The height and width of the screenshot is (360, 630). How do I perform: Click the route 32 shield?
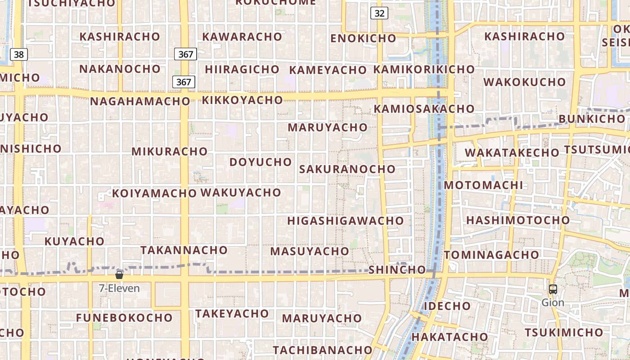pyautogui.click(x=379, y=13)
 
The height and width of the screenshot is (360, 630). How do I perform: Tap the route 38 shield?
pyautogui.click(x=18, y=55)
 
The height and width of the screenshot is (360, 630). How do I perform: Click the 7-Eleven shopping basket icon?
pyautogui.click(x=119, y=274)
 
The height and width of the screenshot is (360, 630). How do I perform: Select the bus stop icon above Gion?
pyautogui.click(x=553, y=290)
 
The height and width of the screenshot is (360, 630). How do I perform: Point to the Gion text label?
pyautogui.click(x=553, y=302)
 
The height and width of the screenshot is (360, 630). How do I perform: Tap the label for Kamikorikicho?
pyautogui.click(x=424, y=69)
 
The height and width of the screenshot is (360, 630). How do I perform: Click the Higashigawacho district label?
pyautogui.click(x=346, y=221)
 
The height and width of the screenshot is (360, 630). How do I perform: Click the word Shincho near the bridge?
pyautogui.click(x=397, y=270)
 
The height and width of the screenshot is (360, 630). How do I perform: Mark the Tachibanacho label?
pyautogui.click(x=323, y=350)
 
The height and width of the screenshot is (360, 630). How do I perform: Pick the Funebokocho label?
pyautogui.click(x=124, y=318)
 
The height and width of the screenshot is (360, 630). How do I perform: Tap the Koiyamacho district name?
pyautogui.click(x=154, y=193)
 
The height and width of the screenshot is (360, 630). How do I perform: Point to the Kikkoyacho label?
pyautogui.click(x=242, y=100)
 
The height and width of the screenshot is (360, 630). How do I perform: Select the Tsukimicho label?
pyautogui.click(x=563, y=333)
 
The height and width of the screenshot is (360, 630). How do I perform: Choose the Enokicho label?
pyautogui.click(x=363, y=38)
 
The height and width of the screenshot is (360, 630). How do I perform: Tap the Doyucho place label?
pyautogui.click(x=261, y=162)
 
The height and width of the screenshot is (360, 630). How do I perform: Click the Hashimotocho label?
pyautogui.click(x=518, y=220)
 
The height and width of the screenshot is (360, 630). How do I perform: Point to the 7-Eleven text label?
pyautogui.click(x=119, y=288)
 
